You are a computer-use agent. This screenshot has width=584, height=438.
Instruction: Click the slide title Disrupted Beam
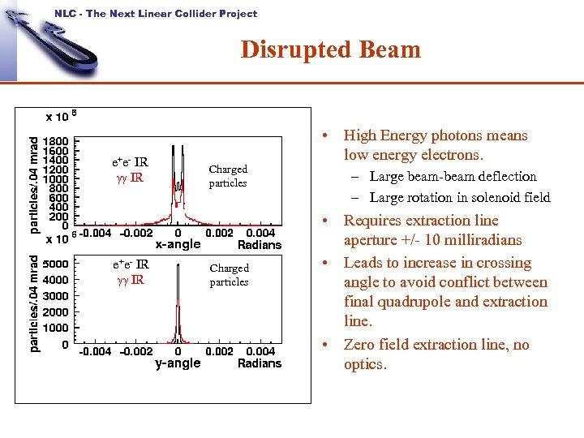330,49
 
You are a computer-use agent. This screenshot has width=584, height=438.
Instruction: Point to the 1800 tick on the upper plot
56,140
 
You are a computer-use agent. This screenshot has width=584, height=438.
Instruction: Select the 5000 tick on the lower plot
56,264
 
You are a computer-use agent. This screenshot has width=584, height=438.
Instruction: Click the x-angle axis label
178,244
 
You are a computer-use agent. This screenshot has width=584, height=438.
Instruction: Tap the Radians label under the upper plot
260,244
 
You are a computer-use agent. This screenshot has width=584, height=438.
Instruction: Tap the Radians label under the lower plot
260,363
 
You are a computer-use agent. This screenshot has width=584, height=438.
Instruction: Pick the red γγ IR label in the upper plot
129,177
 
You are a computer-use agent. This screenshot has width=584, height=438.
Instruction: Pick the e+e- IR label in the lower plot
130,264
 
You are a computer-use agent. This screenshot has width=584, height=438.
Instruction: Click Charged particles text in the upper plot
228,176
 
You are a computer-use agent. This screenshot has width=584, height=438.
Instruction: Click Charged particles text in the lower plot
229,275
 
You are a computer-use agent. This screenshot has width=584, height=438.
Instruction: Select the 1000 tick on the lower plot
56,328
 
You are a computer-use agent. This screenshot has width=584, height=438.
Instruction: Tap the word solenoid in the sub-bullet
481,197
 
